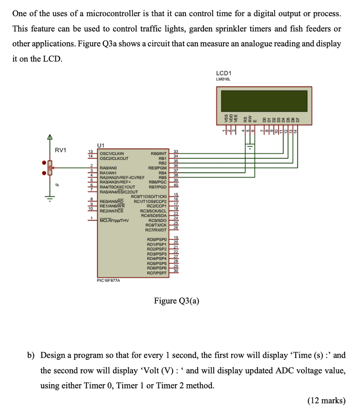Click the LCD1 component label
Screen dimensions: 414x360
[x=224, y=73]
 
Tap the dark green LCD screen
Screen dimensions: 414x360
[x=264, y=99]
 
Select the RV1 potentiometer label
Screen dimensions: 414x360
[x=61, y=150]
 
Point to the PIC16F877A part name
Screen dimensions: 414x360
[x=108, y=280]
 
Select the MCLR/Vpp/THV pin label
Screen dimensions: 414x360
[x=115, y=220]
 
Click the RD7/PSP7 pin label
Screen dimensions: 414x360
[x=156, y=273]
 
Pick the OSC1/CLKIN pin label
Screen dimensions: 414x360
[x=112, y=154]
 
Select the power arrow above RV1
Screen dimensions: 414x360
[x=49, y=137]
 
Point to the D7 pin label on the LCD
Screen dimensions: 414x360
[x=296, y=119]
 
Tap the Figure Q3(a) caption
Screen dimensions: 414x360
[x=176, y=301]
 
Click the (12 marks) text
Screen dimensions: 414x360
[x=326, y=400]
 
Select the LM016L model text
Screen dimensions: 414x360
[x=223, y=79]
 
